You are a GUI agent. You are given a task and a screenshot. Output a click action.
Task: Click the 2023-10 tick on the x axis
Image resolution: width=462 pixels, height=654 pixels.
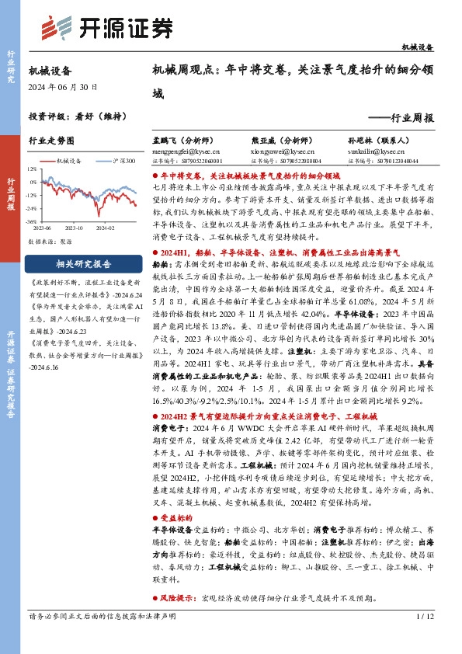click(75, 228)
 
